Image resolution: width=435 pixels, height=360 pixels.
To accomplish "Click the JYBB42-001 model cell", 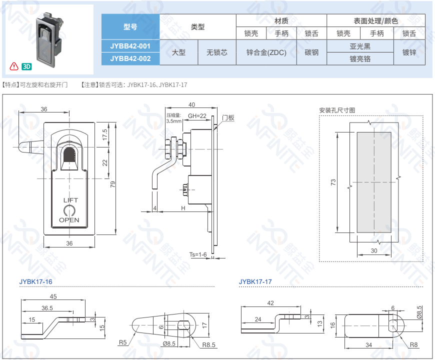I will tap(130, 46).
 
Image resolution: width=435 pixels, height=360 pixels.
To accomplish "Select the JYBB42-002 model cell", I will tap(130, 58).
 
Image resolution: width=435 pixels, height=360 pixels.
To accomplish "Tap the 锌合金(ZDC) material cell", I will tap(266, 52).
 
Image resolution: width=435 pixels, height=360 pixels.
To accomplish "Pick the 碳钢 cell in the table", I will tap(311, 52).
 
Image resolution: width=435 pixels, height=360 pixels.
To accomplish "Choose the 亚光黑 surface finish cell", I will tap(360, 46).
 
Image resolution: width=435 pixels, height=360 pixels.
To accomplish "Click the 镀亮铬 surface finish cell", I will tap(360, 58).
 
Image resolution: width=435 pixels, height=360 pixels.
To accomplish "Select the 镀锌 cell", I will tap(409, 52).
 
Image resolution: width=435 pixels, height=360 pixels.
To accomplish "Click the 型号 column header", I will tap(130, 27).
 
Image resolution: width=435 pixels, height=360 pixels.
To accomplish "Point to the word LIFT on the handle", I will tap(70, 200).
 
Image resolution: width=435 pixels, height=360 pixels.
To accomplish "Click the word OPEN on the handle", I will tap(69, 220).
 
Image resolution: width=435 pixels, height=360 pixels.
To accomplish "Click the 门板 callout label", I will tap(228, 118).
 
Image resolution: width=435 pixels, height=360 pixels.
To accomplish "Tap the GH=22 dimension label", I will tap(197, 116).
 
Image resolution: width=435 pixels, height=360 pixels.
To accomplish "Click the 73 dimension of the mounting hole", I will tap(333, 183).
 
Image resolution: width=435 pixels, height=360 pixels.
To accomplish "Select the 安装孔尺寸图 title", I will tap(337, 110).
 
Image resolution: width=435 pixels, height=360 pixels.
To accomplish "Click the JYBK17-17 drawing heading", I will tap(255, 282).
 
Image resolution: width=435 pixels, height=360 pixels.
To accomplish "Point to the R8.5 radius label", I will tap(209, 344).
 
